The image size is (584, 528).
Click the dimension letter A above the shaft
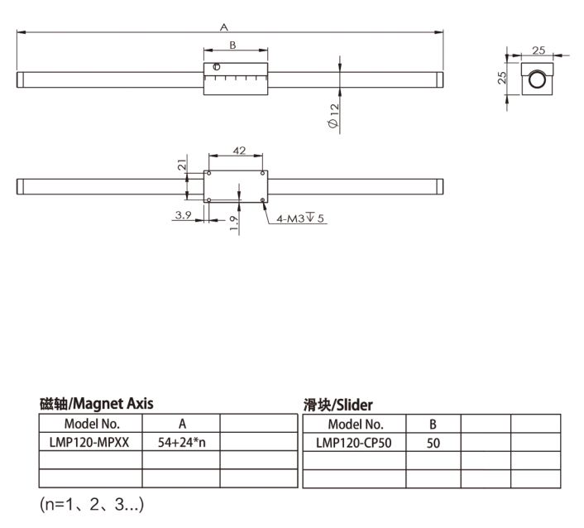(224, 26)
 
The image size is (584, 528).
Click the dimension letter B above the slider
(232, 45)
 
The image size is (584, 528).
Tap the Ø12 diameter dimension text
(333, 116)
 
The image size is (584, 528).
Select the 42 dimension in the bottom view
(239, 150)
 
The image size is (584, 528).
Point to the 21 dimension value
(182, 165)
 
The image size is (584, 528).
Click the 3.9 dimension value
(184, 215)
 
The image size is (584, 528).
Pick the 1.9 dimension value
(233, 223)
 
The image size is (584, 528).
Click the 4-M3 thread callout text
(300, 218)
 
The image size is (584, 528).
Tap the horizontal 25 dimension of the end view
(539, 50)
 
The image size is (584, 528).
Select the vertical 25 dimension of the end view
(502, 78)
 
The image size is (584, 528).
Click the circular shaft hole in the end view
(537, 79)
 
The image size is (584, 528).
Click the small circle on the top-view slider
(217, 67)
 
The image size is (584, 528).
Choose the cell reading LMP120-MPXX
(89, 442)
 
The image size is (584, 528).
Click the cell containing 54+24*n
(181, 442)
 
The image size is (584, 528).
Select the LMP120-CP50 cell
(354, 443)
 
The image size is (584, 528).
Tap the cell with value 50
(433, 443)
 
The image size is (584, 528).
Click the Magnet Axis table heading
(97, 404)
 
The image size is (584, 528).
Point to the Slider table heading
(337, 405)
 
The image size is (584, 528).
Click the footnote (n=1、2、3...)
(92, 504)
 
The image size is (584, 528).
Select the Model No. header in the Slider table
(356, 424)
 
